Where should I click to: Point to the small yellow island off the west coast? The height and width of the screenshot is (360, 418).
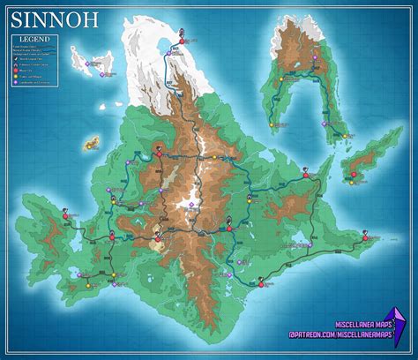tap(91, 142)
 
